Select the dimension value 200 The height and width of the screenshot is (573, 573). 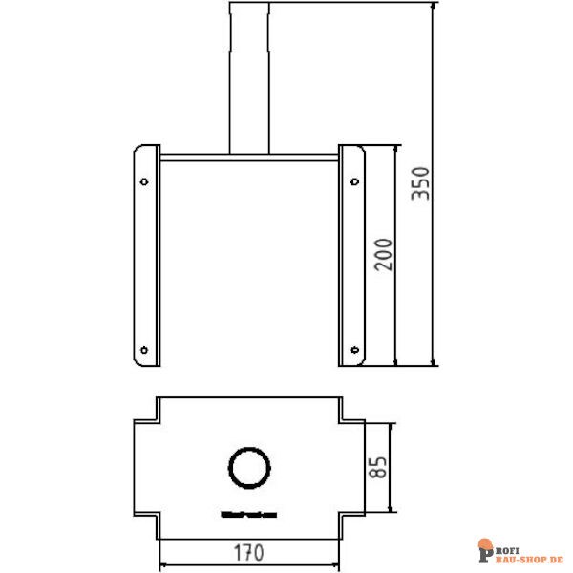(383, 255)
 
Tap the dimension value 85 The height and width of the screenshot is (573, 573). (378, 466)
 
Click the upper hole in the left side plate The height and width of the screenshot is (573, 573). (144, 180)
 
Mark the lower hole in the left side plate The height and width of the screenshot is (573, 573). (144, 349)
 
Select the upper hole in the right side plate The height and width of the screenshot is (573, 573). (353, 180)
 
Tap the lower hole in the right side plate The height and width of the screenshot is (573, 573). (353, 349)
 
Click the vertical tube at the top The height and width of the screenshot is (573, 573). (249, 76)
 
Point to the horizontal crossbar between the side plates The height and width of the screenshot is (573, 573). (249, 156)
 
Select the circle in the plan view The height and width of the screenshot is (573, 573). (249, 468)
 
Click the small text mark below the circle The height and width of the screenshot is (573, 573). (249, 513)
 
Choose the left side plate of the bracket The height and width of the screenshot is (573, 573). (146, 256)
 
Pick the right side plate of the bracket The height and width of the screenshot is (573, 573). (351, 256)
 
